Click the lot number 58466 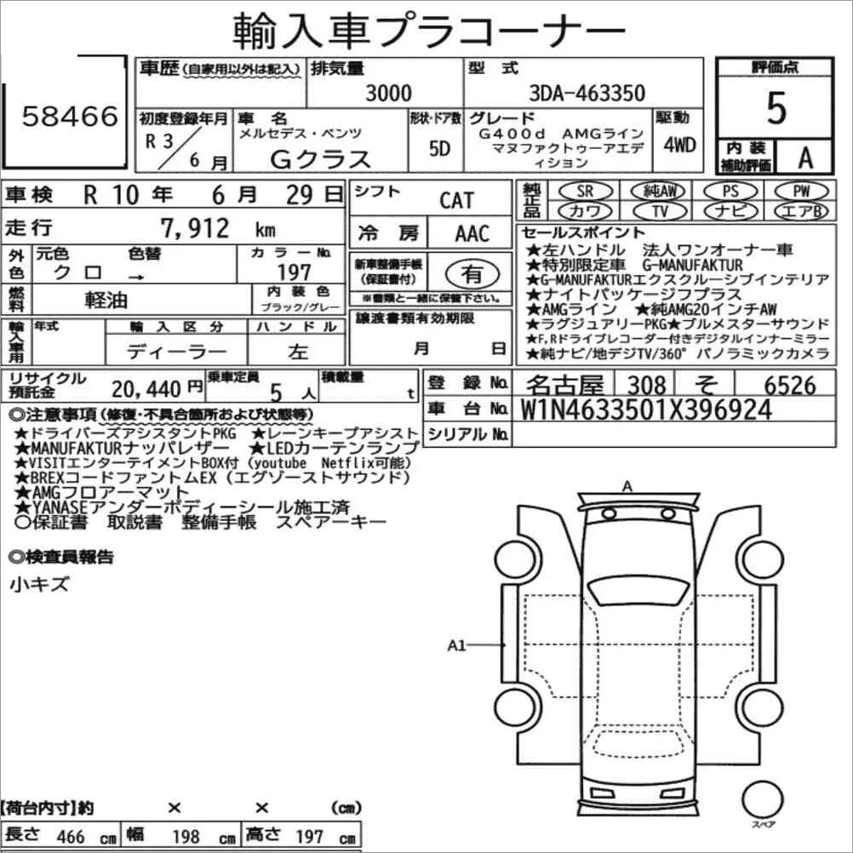pos(70,116)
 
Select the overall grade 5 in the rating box pos(776,108)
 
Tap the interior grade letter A pos(805,157)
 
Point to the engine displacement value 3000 pos(388,93)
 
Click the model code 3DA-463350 pos(587,93)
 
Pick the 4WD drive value pos(679,145)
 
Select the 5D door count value pos(439,148)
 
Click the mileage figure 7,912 pos(195,228)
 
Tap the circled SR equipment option pos(586,191)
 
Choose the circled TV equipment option pos(660,211)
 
